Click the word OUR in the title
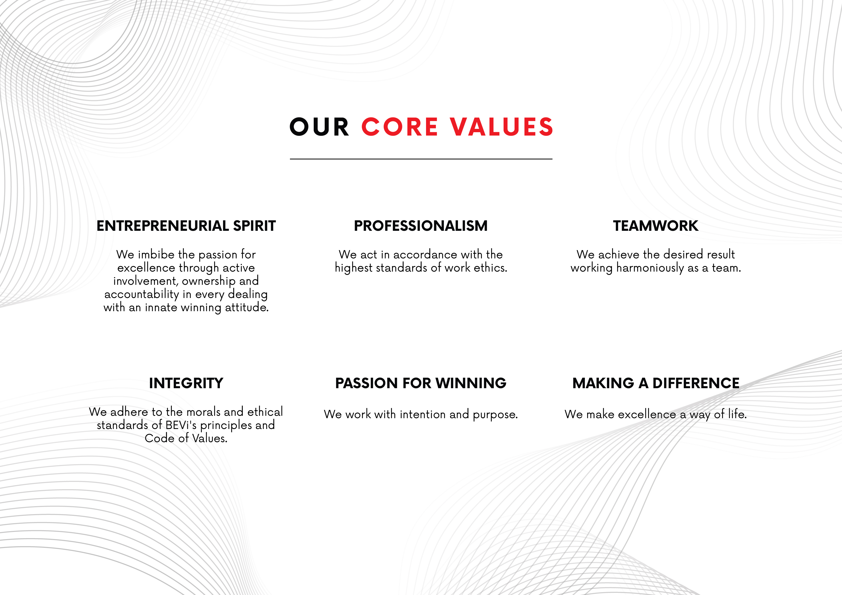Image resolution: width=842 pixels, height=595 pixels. (319, 127)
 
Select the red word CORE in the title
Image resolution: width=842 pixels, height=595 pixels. (400, 127)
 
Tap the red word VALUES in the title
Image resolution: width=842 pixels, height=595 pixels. (502, 127)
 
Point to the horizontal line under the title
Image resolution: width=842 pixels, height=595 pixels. (421, 159)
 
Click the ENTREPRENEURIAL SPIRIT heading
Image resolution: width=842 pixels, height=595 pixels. (186, 226)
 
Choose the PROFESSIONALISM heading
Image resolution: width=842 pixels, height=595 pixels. (421, 226)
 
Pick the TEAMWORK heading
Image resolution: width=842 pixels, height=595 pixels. (656, 226)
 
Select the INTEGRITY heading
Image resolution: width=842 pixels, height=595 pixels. (186, 383)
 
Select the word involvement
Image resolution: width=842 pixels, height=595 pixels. (146, 281)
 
